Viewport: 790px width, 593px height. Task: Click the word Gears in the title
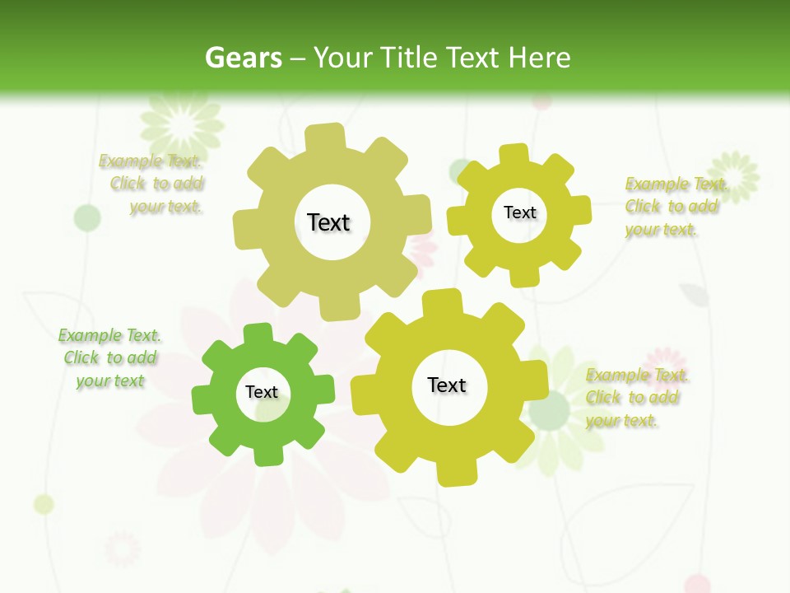[243, 58]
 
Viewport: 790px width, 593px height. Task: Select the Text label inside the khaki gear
[328, 222]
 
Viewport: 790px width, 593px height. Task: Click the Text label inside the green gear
[262, 392]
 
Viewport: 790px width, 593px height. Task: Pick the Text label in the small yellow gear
[519, 212]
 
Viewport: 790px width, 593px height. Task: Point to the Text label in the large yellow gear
[447, 385]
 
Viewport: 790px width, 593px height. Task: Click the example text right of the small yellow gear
[672, 206]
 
